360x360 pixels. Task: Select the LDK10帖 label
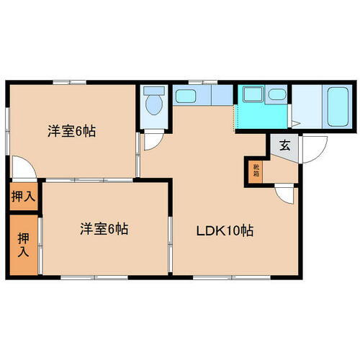point(225,232)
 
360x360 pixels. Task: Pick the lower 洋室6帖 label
point(104,230)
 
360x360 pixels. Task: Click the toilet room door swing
point(153,140)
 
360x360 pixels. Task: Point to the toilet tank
point(153,91)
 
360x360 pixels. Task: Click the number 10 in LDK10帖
point(236,232)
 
